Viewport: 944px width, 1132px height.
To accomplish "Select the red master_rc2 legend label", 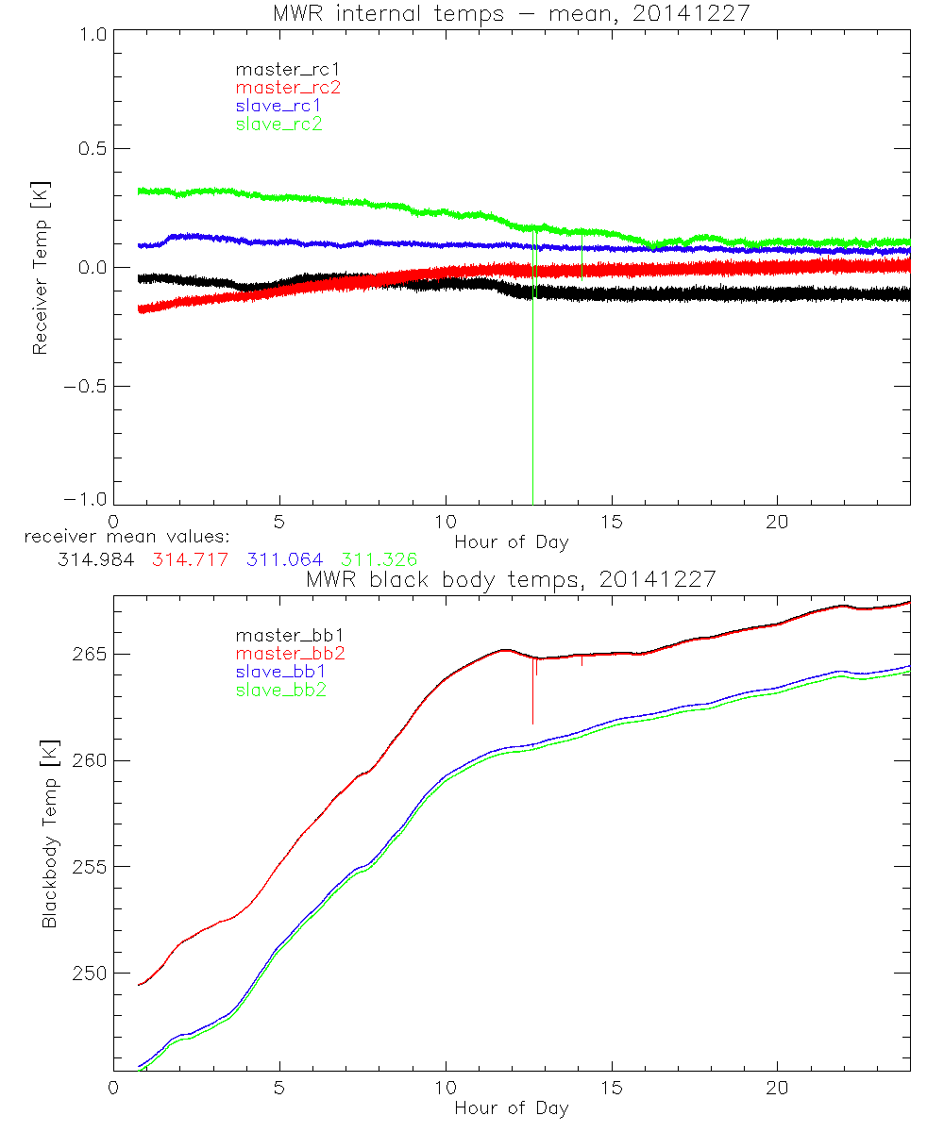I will tap(288, 87).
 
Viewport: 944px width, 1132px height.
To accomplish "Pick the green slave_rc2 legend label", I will tap(278, 124).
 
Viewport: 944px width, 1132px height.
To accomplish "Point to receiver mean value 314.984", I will tap(93, 559).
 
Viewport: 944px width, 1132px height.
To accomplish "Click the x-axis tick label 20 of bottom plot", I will tap(777, 1088).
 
